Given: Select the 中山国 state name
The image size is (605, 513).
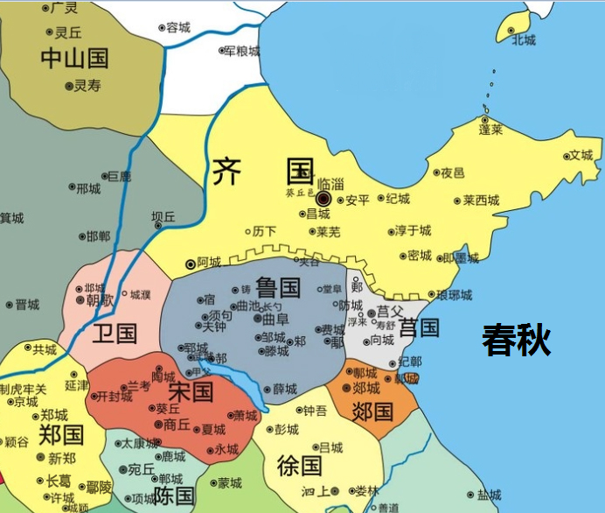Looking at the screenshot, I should (x=74, y=59).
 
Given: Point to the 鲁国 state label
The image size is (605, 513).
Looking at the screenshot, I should (x=278, y=287).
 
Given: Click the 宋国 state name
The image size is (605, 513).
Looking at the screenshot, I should (x=190, y=390).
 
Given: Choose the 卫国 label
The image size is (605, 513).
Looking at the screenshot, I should (x=115, y=333).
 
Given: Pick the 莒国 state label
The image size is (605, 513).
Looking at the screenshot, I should (x=419, y=328).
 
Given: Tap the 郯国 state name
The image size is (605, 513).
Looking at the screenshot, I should (x=372, y=411).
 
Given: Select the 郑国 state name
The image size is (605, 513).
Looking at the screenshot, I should (x=61, y=434).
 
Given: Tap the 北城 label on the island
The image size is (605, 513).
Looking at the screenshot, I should (x=524, y=39).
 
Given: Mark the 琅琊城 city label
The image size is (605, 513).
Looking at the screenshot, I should (x=454, y=294).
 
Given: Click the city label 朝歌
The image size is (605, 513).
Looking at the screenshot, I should (x=100, y=299).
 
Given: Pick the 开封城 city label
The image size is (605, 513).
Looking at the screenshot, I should (x=114, y=397).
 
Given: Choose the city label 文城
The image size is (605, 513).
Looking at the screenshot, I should (x=581, y=156).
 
